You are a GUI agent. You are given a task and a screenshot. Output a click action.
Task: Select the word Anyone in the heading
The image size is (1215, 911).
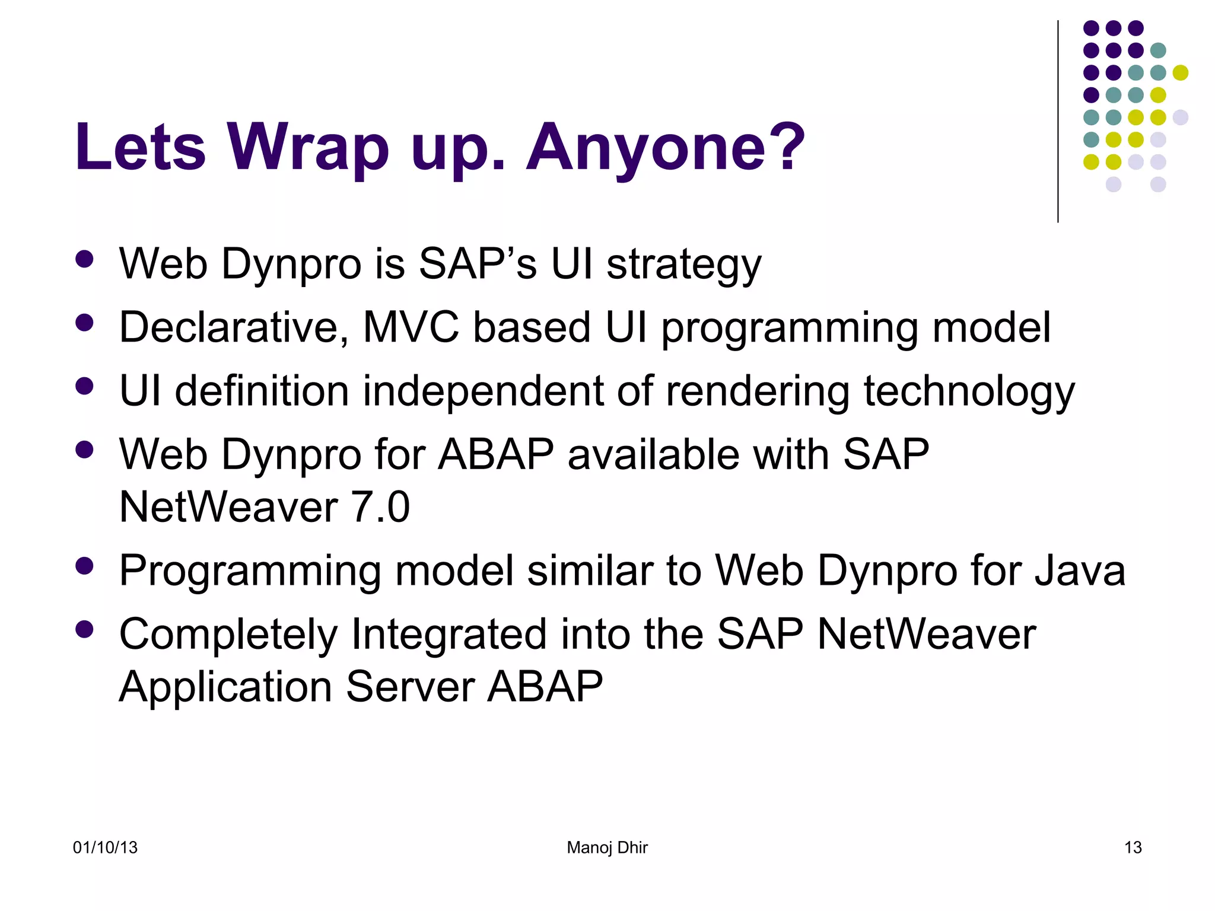point(643,147)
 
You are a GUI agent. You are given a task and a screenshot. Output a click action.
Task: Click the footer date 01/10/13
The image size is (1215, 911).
point(105,848)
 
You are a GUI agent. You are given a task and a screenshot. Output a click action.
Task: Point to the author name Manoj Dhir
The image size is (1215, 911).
point(607,848)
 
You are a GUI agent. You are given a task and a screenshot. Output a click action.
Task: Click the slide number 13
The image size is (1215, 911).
point(1133,848)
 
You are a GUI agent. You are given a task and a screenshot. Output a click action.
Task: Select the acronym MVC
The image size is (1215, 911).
point(411,327)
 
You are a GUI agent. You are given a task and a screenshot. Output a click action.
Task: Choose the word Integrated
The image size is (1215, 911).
point(449,635)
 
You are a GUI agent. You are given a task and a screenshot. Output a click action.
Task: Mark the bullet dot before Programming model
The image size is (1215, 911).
point(85,566)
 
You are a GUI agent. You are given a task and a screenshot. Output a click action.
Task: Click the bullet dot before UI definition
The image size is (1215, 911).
point(85,387)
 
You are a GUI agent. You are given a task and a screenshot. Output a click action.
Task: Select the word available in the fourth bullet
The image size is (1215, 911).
point(653,455)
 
